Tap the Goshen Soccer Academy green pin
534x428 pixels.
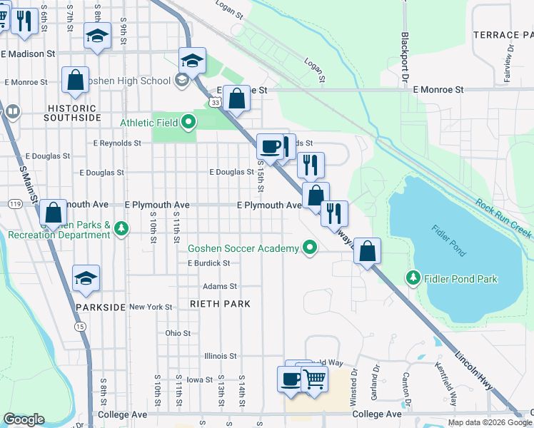[x=309, y=248]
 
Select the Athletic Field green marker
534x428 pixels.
[x=188, y=122]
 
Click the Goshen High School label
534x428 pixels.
[x=126, y=81]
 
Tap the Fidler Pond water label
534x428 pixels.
[x=448, y=240]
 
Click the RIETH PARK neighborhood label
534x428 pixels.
[x=220, y=304]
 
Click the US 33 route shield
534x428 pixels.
[x=214, y=103]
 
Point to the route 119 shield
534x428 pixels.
[x=14, y=204]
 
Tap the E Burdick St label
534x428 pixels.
[x=208, y=263]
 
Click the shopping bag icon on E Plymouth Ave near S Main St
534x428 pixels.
[x=54, y=212]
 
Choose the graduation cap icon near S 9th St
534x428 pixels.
[x=97, y=36]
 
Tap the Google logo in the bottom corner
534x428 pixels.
[x=24, y=419]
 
